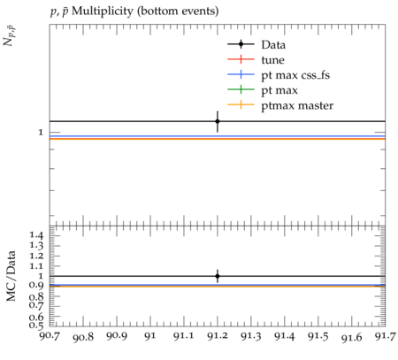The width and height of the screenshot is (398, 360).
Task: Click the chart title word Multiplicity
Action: (103, 11)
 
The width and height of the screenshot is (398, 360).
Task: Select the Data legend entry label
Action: (273, 45)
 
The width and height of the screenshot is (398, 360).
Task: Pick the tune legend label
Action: (272, 60)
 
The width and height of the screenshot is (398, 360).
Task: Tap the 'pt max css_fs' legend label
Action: (295, 75)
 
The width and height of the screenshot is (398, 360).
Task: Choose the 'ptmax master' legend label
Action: (297, 105)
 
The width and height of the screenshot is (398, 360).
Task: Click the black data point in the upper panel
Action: (218, 121)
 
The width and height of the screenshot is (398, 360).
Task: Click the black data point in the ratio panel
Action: (218, 276)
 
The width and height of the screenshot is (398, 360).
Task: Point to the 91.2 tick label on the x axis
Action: (218, 336)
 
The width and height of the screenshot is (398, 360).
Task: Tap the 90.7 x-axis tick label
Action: (50, 336)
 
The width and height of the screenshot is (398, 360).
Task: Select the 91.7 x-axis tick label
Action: (385, 336)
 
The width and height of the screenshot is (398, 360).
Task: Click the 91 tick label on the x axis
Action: (150, 336)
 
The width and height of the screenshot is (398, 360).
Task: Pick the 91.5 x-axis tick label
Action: (318, 336)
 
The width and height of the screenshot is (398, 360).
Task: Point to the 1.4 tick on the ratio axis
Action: (36, 235)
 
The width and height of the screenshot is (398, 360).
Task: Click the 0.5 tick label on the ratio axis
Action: (36, 325)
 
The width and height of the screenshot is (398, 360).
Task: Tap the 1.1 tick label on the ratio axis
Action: (36, 266)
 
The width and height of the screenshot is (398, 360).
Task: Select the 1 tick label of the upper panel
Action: (41, 133)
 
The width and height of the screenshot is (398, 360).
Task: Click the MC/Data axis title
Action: (11, 276)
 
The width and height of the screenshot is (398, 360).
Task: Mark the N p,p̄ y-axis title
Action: (9, 36)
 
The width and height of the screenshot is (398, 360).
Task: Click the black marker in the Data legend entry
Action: (241, 44)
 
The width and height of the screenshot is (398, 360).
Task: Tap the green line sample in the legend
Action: (241, 89)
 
